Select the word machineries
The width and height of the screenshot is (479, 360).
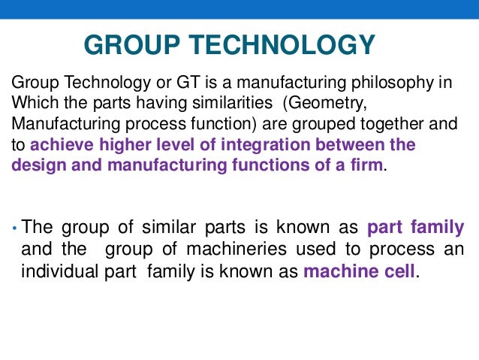202,250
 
